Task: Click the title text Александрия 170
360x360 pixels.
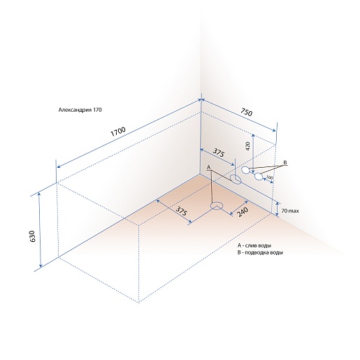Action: click(x=80, y=110)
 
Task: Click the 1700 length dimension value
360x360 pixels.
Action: click(x=118, y=131)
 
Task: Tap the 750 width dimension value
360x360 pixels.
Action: click(x=245, y=112)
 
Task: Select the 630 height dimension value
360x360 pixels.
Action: click(x=32, y=236)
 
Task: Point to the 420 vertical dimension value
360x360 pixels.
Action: click(x=247, y=146)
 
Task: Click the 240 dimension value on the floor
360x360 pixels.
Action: click(x=242, y=212)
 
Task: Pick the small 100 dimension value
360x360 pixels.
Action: click(x=269, y=178)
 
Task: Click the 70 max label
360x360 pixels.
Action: click(x=290, y=211)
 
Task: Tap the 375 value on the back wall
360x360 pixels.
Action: click(x=218, y=153)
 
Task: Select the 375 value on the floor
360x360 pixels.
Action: click(x=181, y=211)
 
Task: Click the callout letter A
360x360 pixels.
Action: click(x=209, y=167)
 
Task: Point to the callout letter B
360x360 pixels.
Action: click(x=285, y=162)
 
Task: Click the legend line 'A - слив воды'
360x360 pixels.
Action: click(x=254, y=245)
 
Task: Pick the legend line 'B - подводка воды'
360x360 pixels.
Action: click(x=260, y=252)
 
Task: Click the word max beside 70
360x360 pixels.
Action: click(x=294, y=211)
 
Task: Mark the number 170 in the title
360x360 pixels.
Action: click(x=97, y=110)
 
